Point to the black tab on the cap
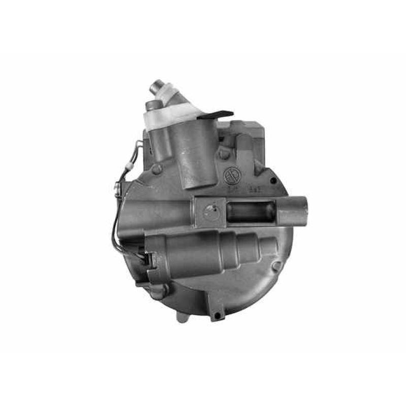[215, 115]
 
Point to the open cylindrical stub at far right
[294, 211]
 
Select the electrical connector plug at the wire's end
[149, 260]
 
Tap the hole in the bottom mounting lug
[217, 315]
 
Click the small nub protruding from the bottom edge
[182, 317]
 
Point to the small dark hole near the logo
[273, 180]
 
